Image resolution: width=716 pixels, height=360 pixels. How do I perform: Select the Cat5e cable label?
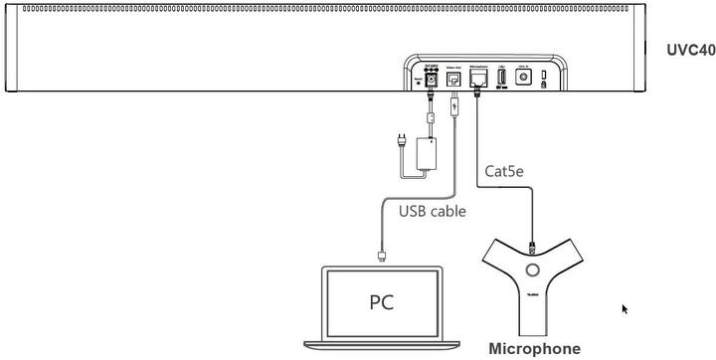504,170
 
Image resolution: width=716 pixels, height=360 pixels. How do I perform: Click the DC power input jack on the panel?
433,78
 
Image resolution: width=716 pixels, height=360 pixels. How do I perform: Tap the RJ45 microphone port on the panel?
478,77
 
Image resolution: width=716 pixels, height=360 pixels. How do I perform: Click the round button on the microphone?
533,270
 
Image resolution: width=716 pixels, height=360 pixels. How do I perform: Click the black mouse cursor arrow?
625,309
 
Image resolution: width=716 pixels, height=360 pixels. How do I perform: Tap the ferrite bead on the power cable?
429,117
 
